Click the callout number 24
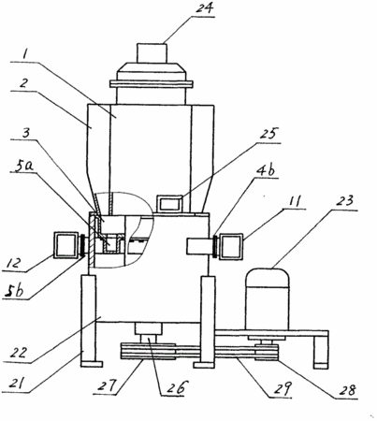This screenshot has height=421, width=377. pos(205,7)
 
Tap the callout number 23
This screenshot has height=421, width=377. pos(345,201)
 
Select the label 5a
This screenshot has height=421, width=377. pos(25,167)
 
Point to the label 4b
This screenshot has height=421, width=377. pos(266,170)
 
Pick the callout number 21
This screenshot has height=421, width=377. pos(15,384)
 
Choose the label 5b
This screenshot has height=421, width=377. pos(15,291)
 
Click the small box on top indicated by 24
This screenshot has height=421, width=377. pos(152,53)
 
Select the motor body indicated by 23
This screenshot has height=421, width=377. pos(268,298)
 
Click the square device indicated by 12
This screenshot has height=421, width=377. pos(66,245)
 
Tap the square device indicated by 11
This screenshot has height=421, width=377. pos(231,247)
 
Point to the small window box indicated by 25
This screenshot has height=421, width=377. pos(169,203)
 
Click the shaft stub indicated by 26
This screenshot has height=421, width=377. pos(149,339)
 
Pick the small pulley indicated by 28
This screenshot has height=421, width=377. pos(266,353)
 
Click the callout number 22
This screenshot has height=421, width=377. pos(18,353)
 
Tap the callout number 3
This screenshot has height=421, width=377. pos(26,133)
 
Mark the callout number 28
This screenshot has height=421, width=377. pos(348,390)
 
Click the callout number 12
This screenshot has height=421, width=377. pos(15,264)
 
